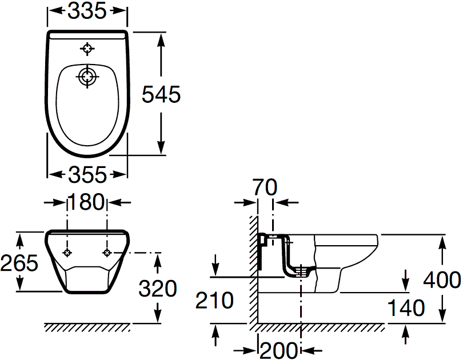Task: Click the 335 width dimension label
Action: [x=87, y=11]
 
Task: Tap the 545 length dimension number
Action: [x=161, y=94]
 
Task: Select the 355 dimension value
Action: [x=87, y=174]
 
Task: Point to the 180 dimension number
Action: [x=86, y=202]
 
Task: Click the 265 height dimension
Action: [x=19, y=263]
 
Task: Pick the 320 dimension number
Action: [x=158, y=289]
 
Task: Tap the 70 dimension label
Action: [x=265, y=187]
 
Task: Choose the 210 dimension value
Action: [x=214, y=301]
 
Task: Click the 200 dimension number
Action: [x=278, y=350]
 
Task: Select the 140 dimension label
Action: [x=406, y=308]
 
